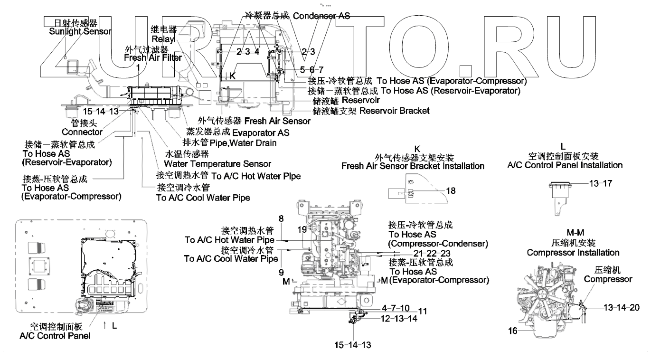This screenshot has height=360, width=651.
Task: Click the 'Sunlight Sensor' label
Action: (80, 32)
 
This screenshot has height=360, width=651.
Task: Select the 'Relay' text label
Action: (163, 38)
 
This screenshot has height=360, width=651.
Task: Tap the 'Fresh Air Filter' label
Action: (153, 58)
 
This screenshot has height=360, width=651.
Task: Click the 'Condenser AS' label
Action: (321, 16)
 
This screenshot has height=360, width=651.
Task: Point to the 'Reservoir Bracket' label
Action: (395, 111)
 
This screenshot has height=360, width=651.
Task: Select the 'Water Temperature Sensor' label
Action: (217, 164)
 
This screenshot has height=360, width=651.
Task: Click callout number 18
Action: (450, 190)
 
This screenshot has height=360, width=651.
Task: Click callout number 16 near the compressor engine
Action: (513, 331)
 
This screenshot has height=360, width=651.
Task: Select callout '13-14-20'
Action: (621, 307)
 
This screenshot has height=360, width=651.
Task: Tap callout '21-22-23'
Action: (431, 253)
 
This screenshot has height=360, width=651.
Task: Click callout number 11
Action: (422, 312)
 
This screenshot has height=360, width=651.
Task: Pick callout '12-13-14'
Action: (399, 319)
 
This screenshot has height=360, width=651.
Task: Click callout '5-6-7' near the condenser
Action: (311, 69)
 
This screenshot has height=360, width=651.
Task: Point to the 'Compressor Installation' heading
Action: (573, 253)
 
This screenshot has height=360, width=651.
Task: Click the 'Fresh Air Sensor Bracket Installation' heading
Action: (413, 166)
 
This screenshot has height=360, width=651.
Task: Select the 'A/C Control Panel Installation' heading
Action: (565, 165)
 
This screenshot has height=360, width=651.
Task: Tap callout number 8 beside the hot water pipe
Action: (281, 219)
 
